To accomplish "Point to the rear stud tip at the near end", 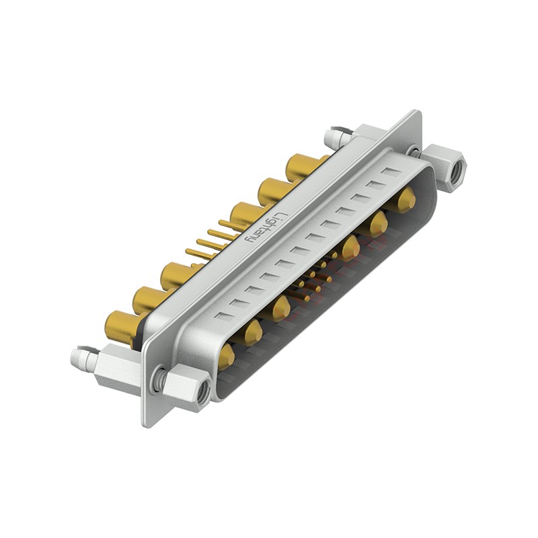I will (x=77, y=356).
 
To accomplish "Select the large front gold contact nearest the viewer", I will (x=225, y=356).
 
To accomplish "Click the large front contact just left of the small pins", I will (x=282, y=309).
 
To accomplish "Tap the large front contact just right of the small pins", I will (x=348, y=249).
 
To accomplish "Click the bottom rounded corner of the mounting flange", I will (x=149, y=420).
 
